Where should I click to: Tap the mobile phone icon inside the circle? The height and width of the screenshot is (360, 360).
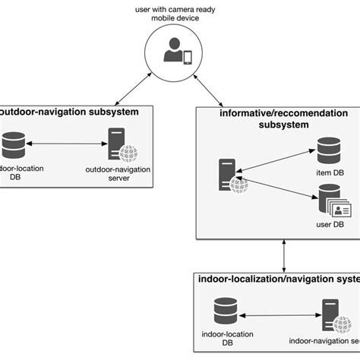[188, 57]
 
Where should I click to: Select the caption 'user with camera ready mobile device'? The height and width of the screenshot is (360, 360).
[179, 14]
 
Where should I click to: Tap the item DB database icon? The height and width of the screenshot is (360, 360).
[328, 150]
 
